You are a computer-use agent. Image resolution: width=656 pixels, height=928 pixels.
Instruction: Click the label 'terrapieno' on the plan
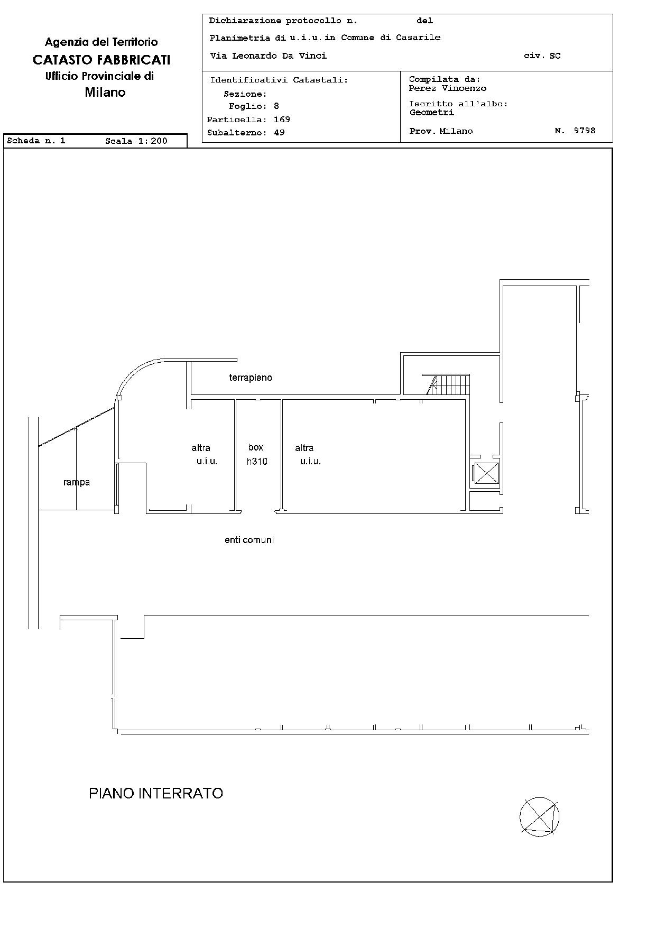pos(251,378)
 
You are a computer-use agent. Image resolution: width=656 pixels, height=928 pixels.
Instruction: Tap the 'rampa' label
pos(77,482)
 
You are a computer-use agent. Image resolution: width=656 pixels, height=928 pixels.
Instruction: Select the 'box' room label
pos(256,447)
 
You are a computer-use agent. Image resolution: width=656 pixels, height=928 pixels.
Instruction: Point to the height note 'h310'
pos(257,461)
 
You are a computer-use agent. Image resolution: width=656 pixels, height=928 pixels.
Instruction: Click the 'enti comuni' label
pos(249,540)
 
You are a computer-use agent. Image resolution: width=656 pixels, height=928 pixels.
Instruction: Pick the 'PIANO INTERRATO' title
pos(156,793)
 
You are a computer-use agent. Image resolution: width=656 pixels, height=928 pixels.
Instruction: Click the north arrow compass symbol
pos(539,817)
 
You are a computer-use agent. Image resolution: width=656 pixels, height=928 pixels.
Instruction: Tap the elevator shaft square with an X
pos(487,473)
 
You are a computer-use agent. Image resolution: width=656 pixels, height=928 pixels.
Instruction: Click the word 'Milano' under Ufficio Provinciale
pos(105,93)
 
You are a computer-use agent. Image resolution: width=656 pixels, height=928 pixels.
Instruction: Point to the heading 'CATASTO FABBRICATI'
pos(101,60)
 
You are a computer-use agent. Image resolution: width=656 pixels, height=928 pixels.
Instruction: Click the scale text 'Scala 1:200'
pos(136,141)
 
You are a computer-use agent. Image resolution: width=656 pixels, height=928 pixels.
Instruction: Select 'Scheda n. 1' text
pos(36,141)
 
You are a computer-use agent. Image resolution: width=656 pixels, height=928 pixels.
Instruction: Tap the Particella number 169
pos(282,120)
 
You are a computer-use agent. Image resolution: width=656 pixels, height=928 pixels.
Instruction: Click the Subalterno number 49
pos(279,133)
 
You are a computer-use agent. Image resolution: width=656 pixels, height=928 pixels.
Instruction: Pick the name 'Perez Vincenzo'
pos(448,88)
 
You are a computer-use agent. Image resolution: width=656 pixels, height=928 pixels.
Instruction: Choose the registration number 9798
pos(585,131)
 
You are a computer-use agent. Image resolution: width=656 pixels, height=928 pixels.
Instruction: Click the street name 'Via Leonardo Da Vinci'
pos(269,56)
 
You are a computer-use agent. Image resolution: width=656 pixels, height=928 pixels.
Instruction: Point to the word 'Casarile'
pos(418,38)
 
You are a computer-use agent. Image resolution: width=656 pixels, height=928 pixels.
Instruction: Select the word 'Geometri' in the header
pos(432,112)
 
